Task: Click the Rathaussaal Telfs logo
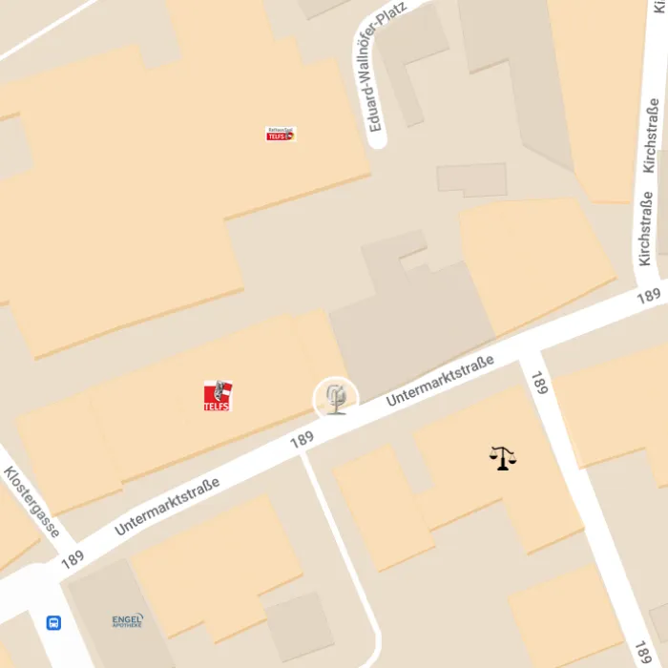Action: tap(281, 135)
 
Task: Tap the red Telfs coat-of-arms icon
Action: tap(218, 395)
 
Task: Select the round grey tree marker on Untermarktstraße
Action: tap(336, 397)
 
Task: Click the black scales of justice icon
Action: tap(503, 458)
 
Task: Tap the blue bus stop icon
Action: tap(53, 622)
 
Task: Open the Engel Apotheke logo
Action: tap(127, 621)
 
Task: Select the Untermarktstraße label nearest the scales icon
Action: tap(440, 380)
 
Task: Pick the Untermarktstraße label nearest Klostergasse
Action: tap(167, 506)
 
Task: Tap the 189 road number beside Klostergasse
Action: tap(73, 559)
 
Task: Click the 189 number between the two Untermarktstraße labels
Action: tap(302, 439)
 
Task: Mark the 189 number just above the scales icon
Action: tap(540, 383)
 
